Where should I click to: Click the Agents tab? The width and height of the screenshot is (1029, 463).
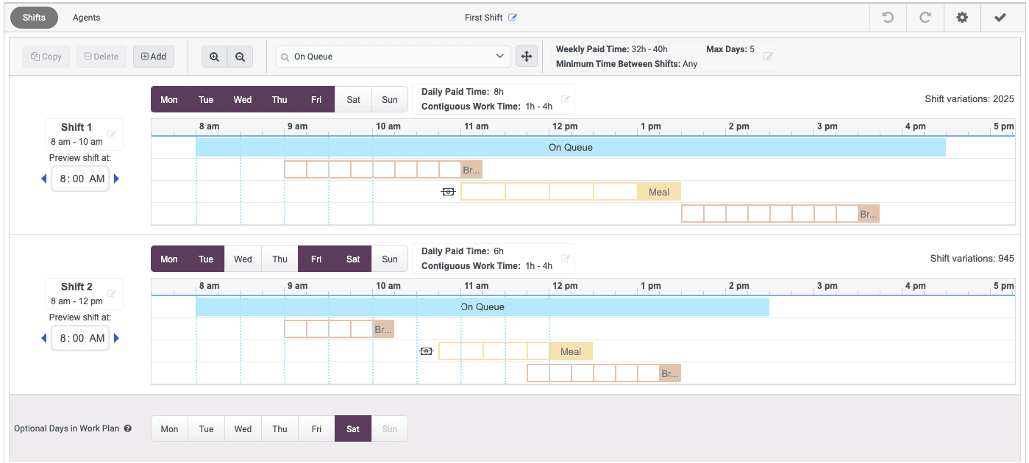pos(86,18)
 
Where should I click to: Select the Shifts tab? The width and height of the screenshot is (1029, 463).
pos(34,18)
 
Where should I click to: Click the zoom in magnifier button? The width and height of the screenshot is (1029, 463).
pos(214,57)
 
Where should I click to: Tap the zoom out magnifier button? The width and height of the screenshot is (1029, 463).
pos(240,57)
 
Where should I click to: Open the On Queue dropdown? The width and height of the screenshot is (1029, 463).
pos(393,57)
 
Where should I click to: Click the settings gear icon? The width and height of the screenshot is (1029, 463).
pos(962,18)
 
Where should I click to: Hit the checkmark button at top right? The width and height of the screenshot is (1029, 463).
pos(1000,18)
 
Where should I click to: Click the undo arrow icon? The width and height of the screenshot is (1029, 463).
pos(888,18)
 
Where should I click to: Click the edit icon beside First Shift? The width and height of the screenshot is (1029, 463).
pos(513,18)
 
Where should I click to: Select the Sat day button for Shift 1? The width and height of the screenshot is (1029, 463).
pos(353,100)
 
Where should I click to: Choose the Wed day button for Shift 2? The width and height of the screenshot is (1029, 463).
pos(243,259)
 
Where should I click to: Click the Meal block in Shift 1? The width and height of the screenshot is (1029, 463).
pos(659,193)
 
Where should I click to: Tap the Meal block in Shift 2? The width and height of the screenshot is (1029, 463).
pos(571,352)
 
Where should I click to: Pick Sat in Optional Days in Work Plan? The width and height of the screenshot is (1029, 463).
pos(353,429)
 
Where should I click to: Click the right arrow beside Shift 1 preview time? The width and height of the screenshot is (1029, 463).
pos(116,179)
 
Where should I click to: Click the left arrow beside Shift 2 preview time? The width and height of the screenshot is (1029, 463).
pos(43,338)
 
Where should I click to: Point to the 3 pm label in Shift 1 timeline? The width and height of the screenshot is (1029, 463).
pos(827,126)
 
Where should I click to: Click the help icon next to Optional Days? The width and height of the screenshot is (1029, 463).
pos(128,428)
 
